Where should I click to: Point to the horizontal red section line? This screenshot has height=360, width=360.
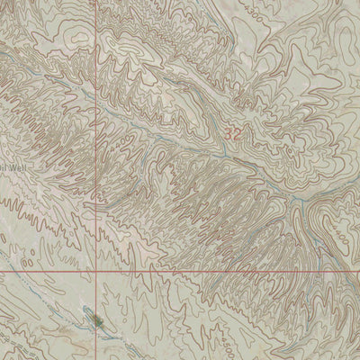pyautogui.click(x=225, y=270)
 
